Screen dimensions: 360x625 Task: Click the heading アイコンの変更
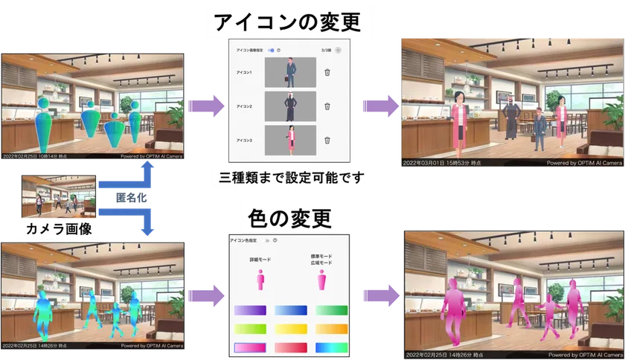(287, 22)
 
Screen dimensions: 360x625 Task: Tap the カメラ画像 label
(54, 228)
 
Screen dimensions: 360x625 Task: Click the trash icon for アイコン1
(327, 73)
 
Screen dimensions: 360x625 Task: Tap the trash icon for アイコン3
(327, 140)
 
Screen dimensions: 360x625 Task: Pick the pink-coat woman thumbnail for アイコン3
(289, 140)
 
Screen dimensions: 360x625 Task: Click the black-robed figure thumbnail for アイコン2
(289, 106)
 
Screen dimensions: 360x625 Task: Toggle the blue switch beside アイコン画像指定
(272, 50)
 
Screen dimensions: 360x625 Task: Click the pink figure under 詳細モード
(260, 281)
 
